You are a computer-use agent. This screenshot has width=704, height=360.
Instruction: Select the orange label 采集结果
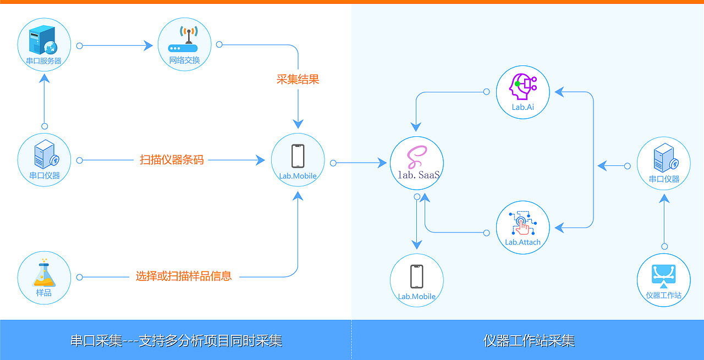(298, 79)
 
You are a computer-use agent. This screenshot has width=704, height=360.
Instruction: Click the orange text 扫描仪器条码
(172, 160)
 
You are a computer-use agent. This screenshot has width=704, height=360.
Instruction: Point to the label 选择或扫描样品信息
(184, 276)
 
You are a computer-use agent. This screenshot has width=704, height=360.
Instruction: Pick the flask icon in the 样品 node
(44, 273)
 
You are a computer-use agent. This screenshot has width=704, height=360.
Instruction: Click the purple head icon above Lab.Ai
(522, 86)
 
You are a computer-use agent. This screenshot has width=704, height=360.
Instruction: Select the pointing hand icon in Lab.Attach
(522, 224)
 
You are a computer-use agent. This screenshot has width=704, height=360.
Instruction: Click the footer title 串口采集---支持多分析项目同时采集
(176, 341)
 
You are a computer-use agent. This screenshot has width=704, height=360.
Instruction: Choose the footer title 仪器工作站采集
(529, 341)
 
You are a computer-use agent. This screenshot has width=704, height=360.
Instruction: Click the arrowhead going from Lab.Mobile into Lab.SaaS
(383, 163)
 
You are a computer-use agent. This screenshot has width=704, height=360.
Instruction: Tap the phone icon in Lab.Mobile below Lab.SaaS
(416, 276)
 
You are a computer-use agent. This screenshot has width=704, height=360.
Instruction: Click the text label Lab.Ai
(522, 107)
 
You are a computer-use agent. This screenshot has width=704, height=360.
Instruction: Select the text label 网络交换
(185, 60)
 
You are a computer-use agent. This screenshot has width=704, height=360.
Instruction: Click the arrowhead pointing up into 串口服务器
(45, 79)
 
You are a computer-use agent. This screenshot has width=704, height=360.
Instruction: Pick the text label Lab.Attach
(522, 242)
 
